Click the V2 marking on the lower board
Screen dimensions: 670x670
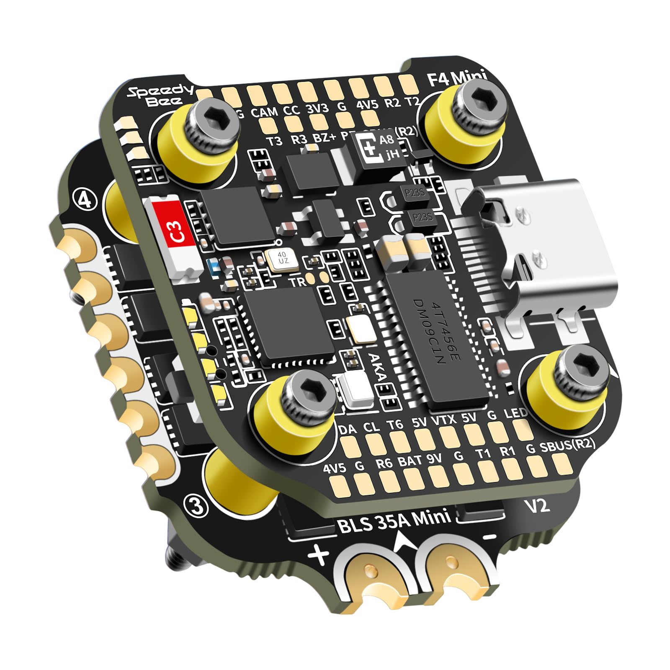[537, 506]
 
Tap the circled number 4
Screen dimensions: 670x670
[85, 200]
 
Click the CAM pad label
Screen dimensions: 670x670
[264, 112]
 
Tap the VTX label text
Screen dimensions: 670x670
[443, 420]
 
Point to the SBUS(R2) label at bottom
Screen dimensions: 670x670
[567, 445]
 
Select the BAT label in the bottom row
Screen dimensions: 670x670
[410, 461]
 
